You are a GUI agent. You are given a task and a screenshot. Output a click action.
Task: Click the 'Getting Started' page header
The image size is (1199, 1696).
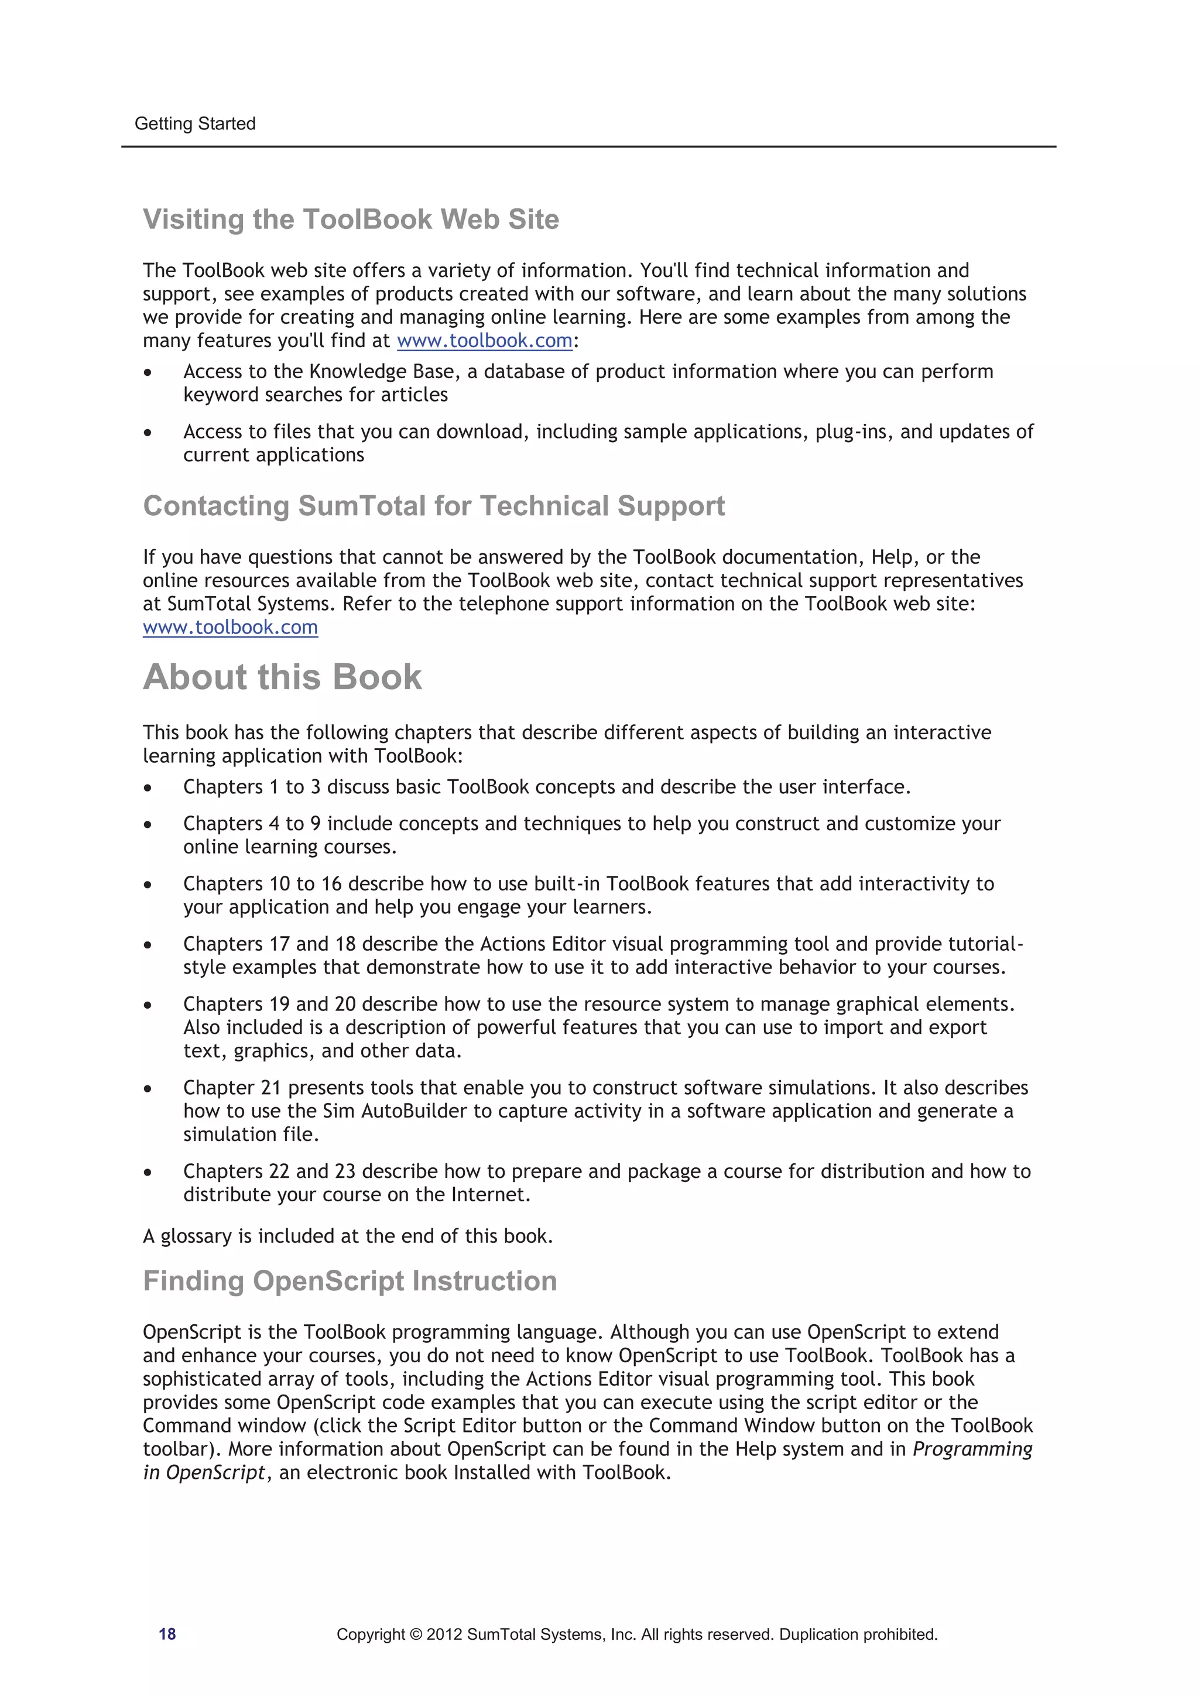coord(195,124)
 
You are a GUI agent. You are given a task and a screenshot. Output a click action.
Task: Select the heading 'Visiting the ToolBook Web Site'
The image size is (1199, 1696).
coord(351,220)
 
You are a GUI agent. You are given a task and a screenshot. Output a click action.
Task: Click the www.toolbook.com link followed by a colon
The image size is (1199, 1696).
coord(485,341)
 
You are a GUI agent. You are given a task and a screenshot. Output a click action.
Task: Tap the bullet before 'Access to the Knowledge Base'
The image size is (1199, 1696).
coord(148,372)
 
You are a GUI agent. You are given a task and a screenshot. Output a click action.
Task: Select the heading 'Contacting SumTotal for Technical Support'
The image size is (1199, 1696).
coord(434,506)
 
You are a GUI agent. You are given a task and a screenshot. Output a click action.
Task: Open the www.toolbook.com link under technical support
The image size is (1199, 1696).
coord(231,627)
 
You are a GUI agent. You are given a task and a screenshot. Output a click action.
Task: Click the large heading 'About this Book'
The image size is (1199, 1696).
coord(282,677)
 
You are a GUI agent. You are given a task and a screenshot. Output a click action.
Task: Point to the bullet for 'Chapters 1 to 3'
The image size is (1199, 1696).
coord(148,788)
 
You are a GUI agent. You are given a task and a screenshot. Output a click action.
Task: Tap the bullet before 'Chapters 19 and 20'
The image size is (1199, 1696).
coord(148,1005)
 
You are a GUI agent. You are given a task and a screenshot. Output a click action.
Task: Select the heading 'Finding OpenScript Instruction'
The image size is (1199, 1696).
coord(350,1281)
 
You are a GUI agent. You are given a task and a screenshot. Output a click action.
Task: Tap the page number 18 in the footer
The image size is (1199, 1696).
coord(167,1634)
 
